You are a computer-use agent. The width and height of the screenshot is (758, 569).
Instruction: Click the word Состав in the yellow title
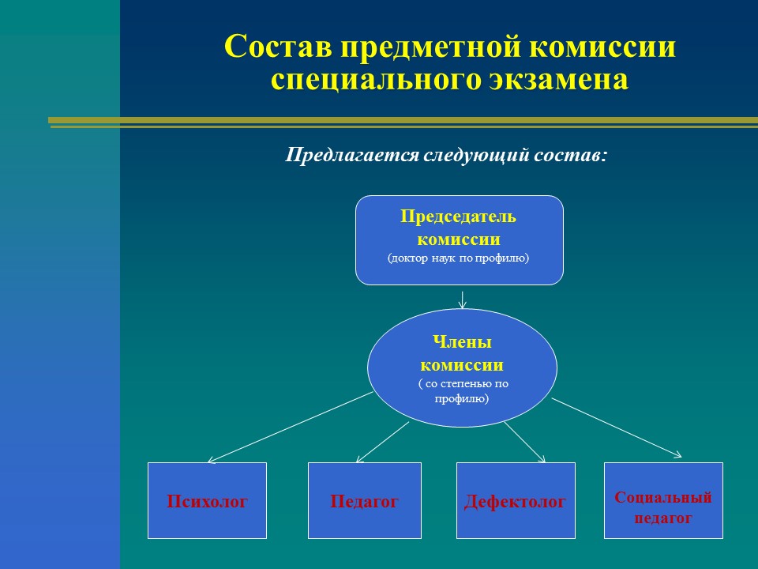[278, 47]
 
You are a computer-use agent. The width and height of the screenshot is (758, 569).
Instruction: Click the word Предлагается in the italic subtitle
[351, 155]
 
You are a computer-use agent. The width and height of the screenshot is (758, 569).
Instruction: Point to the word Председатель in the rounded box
[458, 217]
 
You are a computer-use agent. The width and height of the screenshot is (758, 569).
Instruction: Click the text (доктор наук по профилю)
[458, 258]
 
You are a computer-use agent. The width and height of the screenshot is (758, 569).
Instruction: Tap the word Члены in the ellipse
[462, 341]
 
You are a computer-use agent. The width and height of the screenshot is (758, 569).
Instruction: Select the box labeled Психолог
[207, 500]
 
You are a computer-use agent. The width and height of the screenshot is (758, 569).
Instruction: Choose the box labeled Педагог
[365, 500]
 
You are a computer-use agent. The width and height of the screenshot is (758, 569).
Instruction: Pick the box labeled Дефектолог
[516, 500]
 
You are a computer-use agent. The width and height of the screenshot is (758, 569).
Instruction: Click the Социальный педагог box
[663, 500]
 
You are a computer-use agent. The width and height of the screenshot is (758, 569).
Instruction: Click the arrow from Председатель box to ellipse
[462, 300]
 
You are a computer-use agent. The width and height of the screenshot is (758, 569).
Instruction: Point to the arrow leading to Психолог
[290, 428]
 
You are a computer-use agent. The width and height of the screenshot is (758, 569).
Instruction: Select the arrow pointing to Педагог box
[382, 443]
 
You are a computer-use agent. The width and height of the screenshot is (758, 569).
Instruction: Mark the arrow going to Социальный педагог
[617, 428]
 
